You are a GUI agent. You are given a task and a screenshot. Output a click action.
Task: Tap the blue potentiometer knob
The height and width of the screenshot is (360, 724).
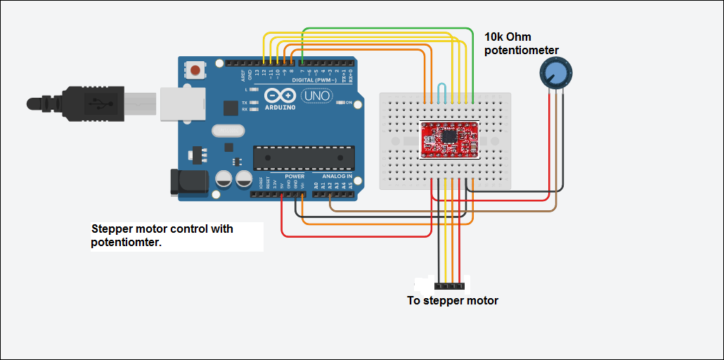click(555, 72)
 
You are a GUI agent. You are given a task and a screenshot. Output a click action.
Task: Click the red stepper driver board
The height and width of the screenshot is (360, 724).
click(450, 139)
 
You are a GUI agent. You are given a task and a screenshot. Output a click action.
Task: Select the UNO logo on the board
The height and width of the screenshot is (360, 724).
click(316, 96)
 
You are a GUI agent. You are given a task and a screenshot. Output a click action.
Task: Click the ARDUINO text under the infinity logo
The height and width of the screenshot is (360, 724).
click(282, 108)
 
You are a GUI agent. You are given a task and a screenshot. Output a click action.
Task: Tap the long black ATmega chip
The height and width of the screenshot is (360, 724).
click(302, 158)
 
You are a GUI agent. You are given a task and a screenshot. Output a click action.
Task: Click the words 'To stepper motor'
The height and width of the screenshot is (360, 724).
click(453, 301)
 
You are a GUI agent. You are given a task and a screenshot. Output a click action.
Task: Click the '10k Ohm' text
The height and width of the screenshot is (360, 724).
click(508, 37)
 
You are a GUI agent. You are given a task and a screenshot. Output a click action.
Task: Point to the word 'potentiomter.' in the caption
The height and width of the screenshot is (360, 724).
click(126, 243)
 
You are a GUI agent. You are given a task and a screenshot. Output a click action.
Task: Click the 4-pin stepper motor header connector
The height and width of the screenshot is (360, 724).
click(449, 286)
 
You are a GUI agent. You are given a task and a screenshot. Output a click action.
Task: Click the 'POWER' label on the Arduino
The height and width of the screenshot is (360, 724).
click(294, 176)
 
